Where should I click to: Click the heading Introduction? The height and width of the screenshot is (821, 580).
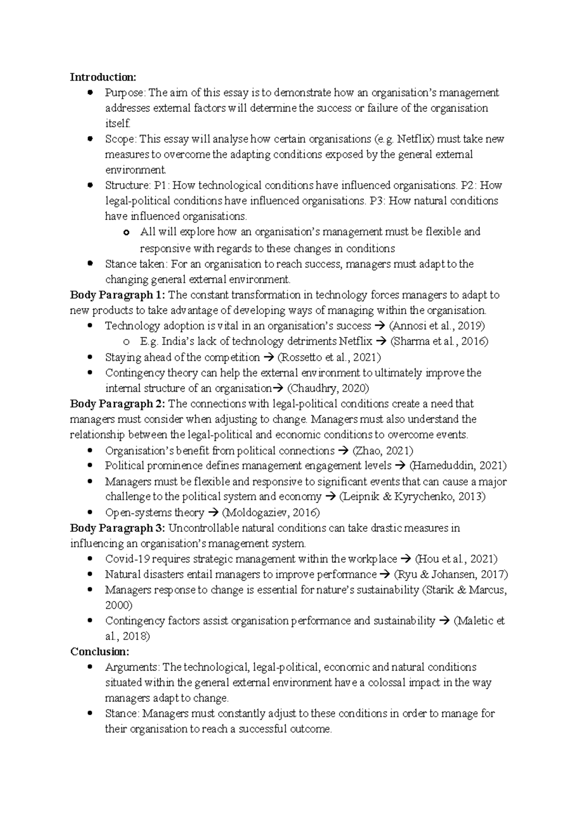coord(103,77)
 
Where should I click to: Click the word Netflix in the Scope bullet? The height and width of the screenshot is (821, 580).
coord(415,139)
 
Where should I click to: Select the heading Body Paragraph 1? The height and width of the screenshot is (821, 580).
coord(117,295)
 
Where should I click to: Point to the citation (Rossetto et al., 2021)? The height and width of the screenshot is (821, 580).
coord(329,357)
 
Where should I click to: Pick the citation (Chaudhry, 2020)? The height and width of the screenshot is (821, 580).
coord(328,388)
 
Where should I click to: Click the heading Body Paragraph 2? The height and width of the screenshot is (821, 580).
coord(117,404)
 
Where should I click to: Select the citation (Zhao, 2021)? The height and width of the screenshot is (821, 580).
coord(382,451)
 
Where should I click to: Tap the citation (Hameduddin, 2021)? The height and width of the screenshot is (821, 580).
coord(458,466)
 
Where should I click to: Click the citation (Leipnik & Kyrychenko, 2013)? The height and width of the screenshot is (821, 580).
coord(412,497)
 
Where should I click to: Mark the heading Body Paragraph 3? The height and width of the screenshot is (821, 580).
coord(117,528)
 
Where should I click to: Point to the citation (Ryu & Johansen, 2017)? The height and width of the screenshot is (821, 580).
coord(450,574)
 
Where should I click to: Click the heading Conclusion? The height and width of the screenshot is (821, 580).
coord(100,652)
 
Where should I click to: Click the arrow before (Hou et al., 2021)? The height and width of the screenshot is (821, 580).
coord(406,559)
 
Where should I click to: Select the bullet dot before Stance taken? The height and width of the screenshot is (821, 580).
coord(90,264)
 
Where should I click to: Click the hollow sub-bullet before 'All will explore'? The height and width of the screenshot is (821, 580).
coord(126,233)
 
